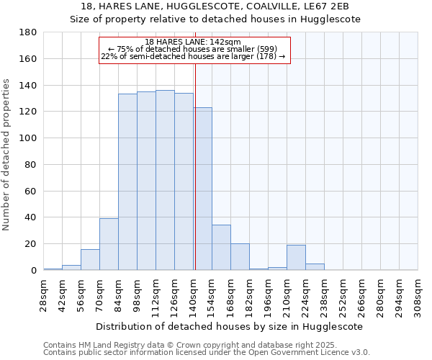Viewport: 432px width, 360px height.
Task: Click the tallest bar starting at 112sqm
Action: (165, 180)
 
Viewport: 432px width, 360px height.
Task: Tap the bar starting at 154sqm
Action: (221, 248)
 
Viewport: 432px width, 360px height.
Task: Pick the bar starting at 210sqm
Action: (296, 258)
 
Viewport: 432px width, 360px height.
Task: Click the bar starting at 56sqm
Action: (90, 260)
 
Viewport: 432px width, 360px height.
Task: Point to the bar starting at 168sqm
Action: (240, 257)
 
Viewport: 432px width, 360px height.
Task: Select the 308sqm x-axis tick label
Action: (418, 297)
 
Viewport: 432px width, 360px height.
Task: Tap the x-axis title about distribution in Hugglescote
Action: (230, 326)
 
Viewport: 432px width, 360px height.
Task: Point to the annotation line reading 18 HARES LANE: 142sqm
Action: (193, 42)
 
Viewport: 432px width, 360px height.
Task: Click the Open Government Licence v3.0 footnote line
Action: (207, 353)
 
